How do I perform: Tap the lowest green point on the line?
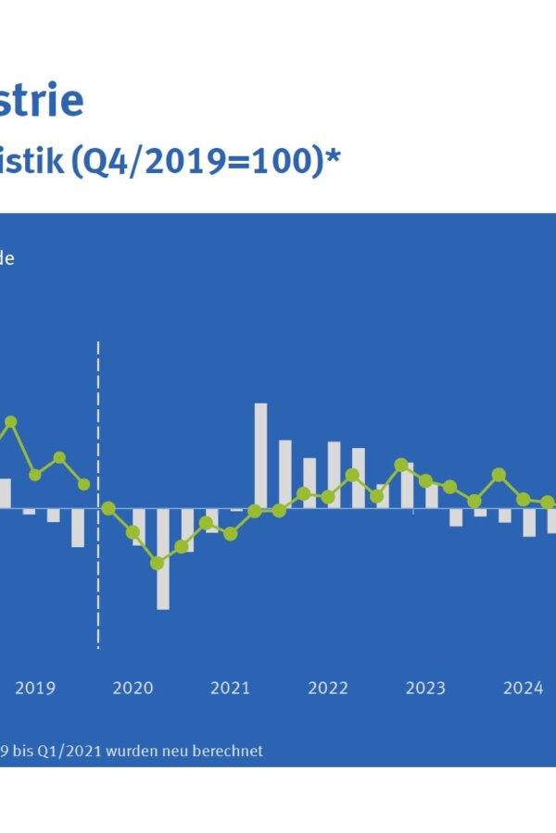[x=158, y=563]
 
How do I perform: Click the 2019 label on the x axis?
[x=35, y=688]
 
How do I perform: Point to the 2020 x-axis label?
[x=133, y=688]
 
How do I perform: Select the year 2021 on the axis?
[x=230, y=688]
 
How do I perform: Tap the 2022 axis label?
[x=328, y=688]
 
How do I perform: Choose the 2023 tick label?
[x=425, y=688]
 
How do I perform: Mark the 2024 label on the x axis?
[x=523, y=688]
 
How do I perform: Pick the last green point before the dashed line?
[x=83, y=484]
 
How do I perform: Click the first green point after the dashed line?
[x=108, y=508]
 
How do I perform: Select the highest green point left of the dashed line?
[x=11, y=422]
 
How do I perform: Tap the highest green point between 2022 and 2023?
[x=401, y=465]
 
